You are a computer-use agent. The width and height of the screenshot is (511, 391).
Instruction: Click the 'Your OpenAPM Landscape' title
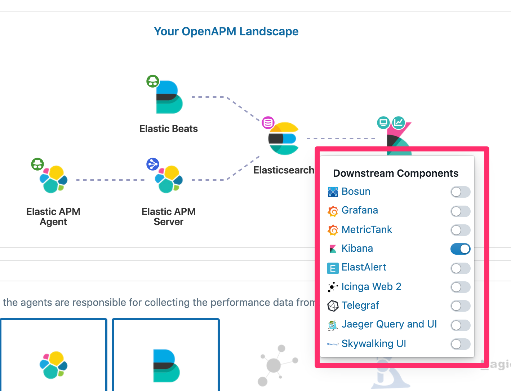pyautogui.click(x=226, y=31)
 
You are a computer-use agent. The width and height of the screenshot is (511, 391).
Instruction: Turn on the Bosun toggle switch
pyautogui.click(x=460, y=192)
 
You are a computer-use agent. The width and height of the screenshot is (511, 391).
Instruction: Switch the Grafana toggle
pyautogui.click(x=460, y=211)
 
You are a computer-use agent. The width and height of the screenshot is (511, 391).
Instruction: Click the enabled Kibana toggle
pyautogui.click(x=460, y=249)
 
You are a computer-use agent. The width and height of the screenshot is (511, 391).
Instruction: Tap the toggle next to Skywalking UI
pyautogui.click(x=460, y=344)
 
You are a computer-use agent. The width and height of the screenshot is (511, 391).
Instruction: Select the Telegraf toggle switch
pyautogui.click(x=460, y=306)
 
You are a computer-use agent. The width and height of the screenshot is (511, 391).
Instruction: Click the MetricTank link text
pyautogui.click(x=366, y=230)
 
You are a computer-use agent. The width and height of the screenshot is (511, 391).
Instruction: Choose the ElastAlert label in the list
pyautogui.click(x=364, y=267)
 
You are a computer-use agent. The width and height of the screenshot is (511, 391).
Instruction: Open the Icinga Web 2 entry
pyautogui.click(x=371, y=287)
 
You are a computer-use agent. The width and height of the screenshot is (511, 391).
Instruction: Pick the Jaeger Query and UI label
pyautogui.click(x=389, y=324)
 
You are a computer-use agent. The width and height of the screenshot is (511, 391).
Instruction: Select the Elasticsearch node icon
pyautogui.click(x=284, y=139)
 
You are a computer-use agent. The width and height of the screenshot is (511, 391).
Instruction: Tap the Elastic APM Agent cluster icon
pyautogui.click(x=53, y=179)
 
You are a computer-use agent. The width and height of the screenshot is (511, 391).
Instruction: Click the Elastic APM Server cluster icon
pyautogui.click(x=169, y=179)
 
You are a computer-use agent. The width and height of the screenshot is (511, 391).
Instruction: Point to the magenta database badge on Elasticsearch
pyautogui.click(x=268, y=123)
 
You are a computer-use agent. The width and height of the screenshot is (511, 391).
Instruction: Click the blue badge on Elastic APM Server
pyautogui.click(x=153, y=164)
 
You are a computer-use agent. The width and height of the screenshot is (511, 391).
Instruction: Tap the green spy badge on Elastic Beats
pyautogui.click(x=153, y=81)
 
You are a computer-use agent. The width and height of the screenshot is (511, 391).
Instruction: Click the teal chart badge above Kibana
pyautogui.click(x=399, y=123)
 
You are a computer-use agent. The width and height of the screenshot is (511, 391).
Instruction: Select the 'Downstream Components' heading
pyautogui.click(x=395, y=173)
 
